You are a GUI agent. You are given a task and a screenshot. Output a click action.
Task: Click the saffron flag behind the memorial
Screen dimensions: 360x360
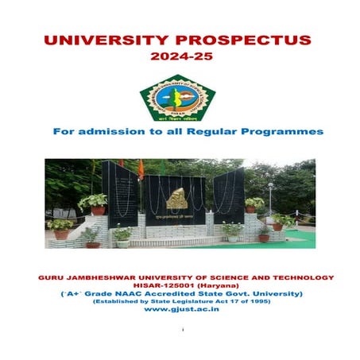tap(141, 168)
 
